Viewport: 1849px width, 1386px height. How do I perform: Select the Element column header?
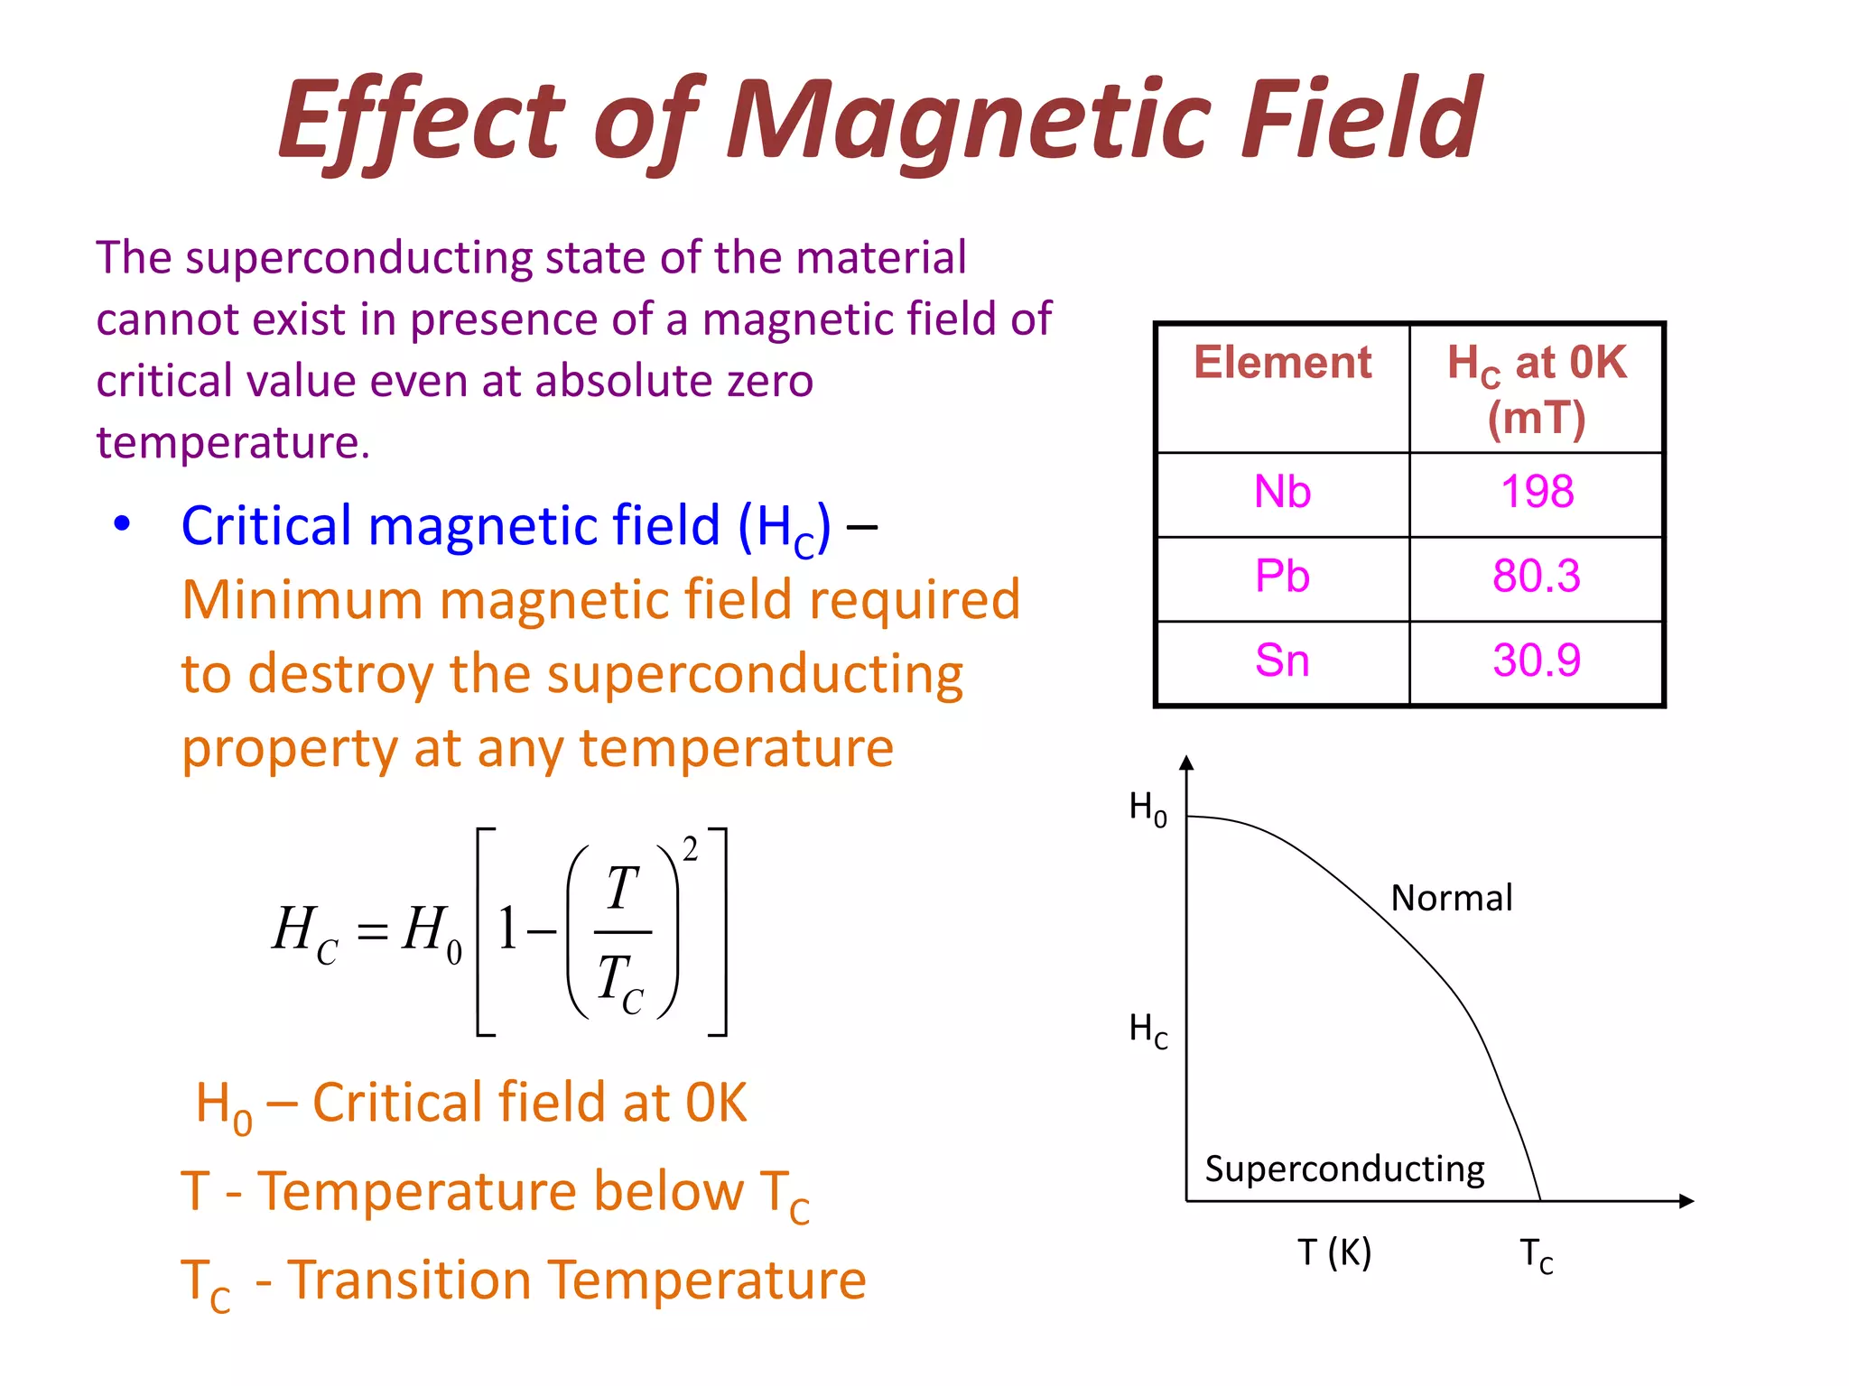[x=1282, y=363]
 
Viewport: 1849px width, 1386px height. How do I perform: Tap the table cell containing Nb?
[x=1282, y=493]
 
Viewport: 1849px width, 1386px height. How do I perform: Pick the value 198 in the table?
[x=1537, y=493]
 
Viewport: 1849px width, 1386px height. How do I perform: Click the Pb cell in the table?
[x=1282, y=577]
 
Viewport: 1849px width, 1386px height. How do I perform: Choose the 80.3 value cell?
[x=1537, y=577]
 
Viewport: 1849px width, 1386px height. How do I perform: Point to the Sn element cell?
[x=1282, y=661]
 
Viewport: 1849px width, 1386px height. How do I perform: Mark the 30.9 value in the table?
[x=1537, y=661]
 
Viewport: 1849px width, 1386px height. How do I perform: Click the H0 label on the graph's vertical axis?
[x=1147, y=808]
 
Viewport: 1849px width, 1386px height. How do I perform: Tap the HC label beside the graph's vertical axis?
[x=1147, y=1029]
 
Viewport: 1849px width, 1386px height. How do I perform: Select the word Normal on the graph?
[x=1451, y=899]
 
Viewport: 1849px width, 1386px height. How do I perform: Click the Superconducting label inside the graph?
[x=1344, y=1169]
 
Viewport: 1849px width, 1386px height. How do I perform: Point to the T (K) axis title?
[x=1334, y=1252]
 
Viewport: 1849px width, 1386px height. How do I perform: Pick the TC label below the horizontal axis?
[x=1536, y=1255]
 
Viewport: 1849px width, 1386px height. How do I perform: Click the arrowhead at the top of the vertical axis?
[x=1187, y=763]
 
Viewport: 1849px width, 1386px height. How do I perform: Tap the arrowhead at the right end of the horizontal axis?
[x=1686, y=1201]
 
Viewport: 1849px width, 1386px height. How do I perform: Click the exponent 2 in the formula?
[x=691, y=849]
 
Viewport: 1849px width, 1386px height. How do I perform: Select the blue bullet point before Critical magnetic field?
[x=123, y=523]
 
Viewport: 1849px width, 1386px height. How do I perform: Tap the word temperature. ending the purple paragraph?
[x=233, y=443]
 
